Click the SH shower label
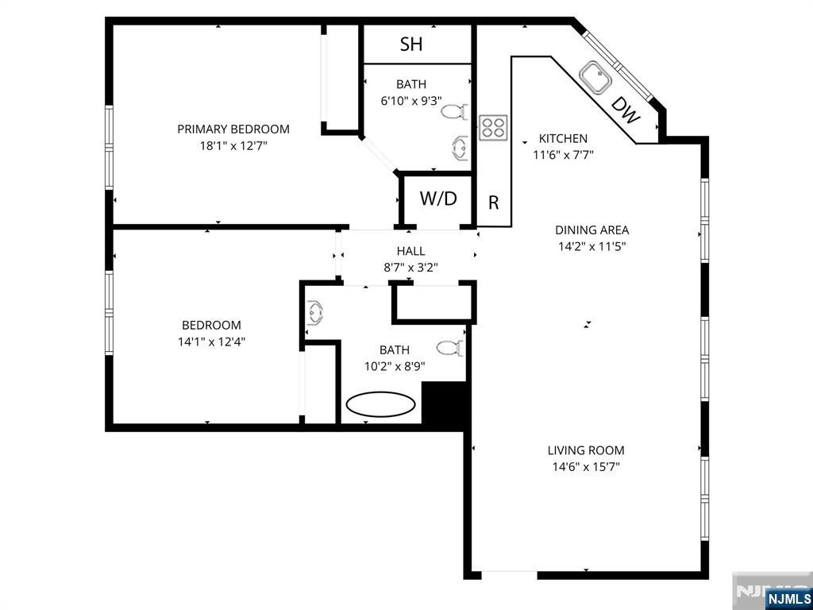[x=411, y=44]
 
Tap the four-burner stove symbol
[x=493, y=127]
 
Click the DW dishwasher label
[x=626, y=113]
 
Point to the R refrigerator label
[x=493, y=203]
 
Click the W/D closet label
[x=438, y=199]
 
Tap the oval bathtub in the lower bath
[x=380, y=403]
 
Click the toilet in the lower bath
[x=450, y=348]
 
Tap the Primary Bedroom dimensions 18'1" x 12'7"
[x=233, y=146]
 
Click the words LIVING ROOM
[x=586, y=450]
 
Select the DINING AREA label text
[x=591, y=230]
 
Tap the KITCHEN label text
[x=563, y=138]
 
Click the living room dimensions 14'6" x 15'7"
[x=586, y=467]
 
